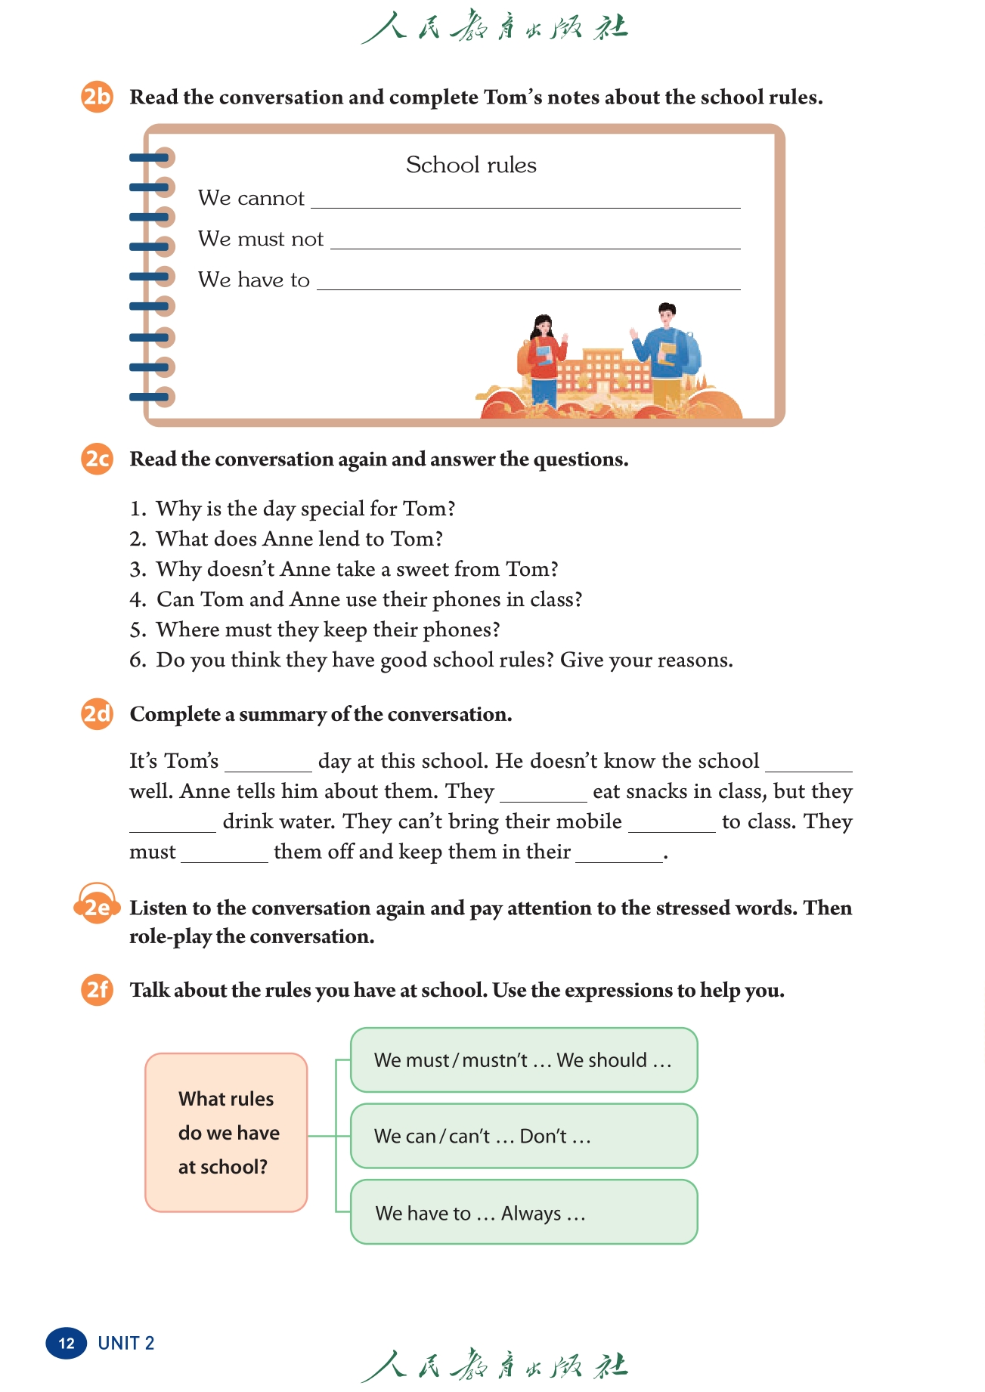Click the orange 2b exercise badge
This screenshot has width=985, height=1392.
(x=97, y=97)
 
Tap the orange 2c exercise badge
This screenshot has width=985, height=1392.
(x=97, y=459)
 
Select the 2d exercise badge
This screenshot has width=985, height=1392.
(x=97, y=714)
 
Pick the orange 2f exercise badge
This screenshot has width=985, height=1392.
(x=97, y=990)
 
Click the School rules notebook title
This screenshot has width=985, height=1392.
(x=471, y=165)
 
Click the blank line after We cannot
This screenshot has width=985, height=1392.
(x=525, y=201)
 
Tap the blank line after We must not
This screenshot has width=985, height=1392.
(x=535, y=242)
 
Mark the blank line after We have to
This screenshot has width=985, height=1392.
(x=528, y=283)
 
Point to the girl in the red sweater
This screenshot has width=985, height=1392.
(x=543, y=360)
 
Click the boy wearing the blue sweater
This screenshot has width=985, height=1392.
(x=665, y=352)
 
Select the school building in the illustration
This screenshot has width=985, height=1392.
(x=604, y=370)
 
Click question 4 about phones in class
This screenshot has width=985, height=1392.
(x=369, y=600)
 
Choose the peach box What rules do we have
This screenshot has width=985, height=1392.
(x=226, y=1132)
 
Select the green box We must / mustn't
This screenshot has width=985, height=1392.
(x=524, y=1060)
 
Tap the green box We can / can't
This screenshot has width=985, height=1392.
(x=524, y=1136)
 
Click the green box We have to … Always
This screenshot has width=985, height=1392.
(x=524, y=1212)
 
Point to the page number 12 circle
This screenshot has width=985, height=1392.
(x=67, y=1343)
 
